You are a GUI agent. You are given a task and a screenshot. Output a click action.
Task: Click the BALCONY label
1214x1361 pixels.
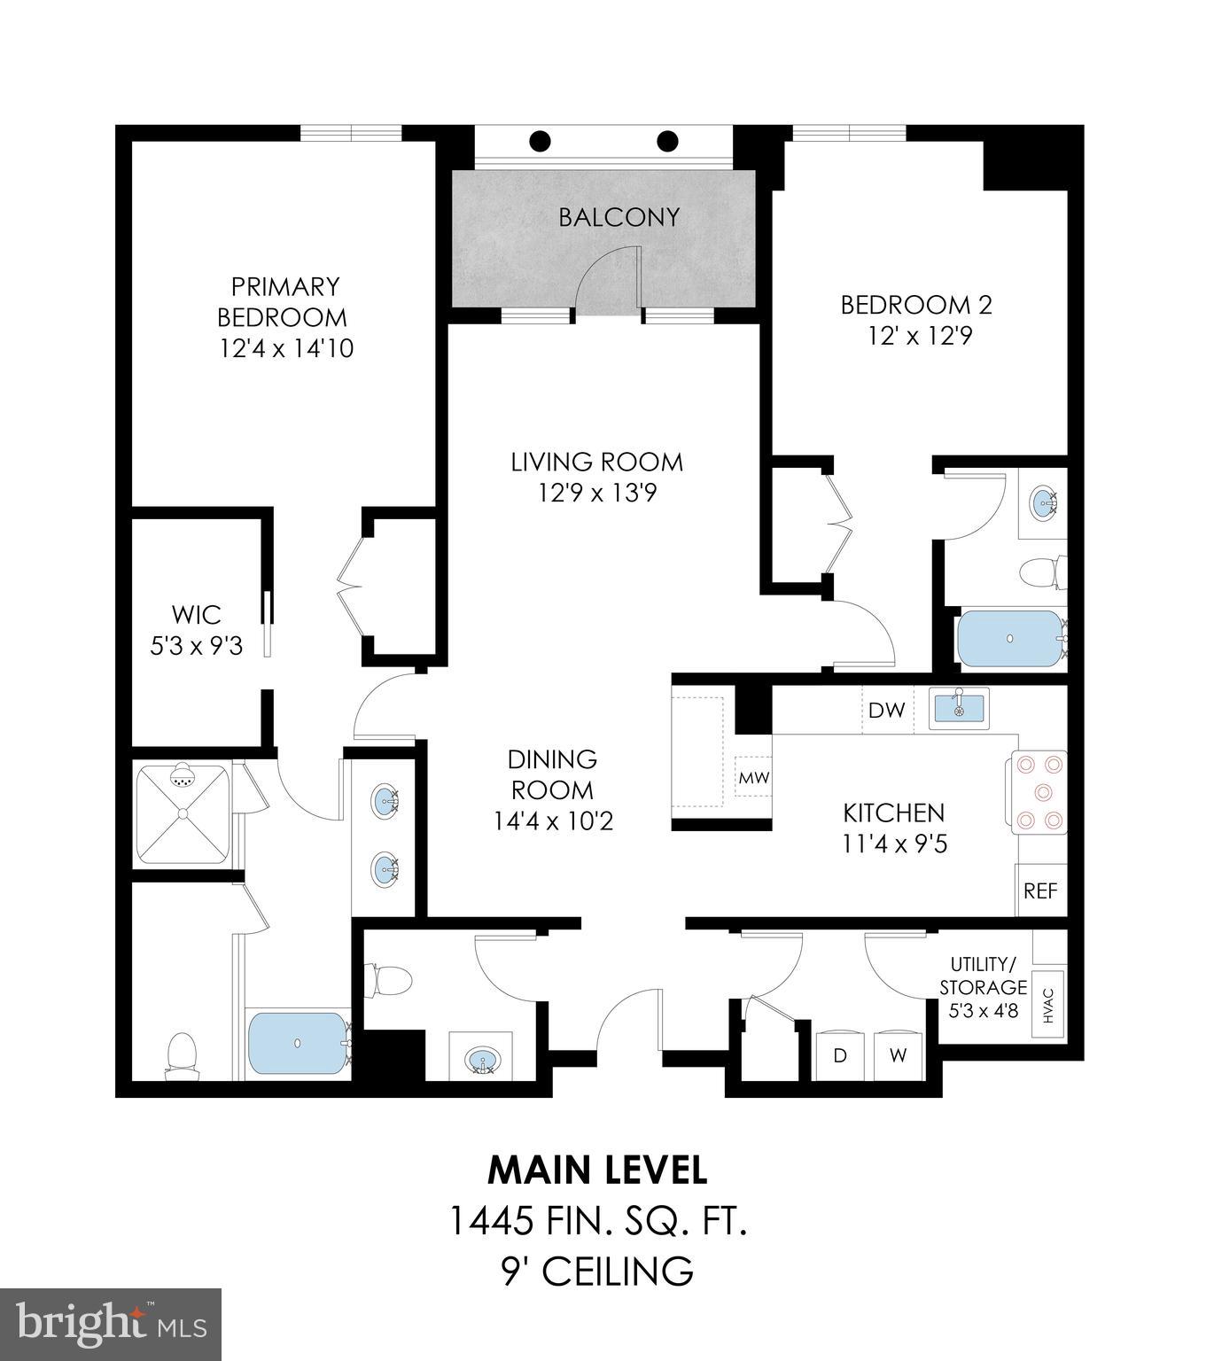pos(619,217)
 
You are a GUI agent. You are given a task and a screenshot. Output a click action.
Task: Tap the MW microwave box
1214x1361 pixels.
pos(754,778)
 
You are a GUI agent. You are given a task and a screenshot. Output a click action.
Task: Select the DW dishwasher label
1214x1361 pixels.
pos(886,710)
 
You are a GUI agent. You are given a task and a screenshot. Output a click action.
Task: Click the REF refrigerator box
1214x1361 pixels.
pos(1040,890)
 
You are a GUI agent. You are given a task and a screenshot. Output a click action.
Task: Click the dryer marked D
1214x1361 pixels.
pos(839,1056)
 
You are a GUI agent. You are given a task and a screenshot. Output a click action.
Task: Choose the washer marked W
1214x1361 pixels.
pos(899,1056)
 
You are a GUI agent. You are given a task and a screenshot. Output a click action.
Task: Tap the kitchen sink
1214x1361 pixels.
pos(959,709)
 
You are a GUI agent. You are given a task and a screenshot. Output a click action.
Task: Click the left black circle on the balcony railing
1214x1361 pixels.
pos(540,141)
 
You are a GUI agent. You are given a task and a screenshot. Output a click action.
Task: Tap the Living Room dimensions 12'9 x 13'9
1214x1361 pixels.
pos(597,493)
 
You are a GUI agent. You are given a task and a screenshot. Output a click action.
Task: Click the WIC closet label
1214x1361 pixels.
pos(196,614)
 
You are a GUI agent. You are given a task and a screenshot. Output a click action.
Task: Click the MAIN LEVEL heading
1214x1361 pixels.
pos(597,1170)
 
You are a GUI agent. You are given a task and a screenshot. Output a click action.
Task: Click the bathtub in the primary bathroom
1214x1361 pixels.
pos(298,1044)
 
